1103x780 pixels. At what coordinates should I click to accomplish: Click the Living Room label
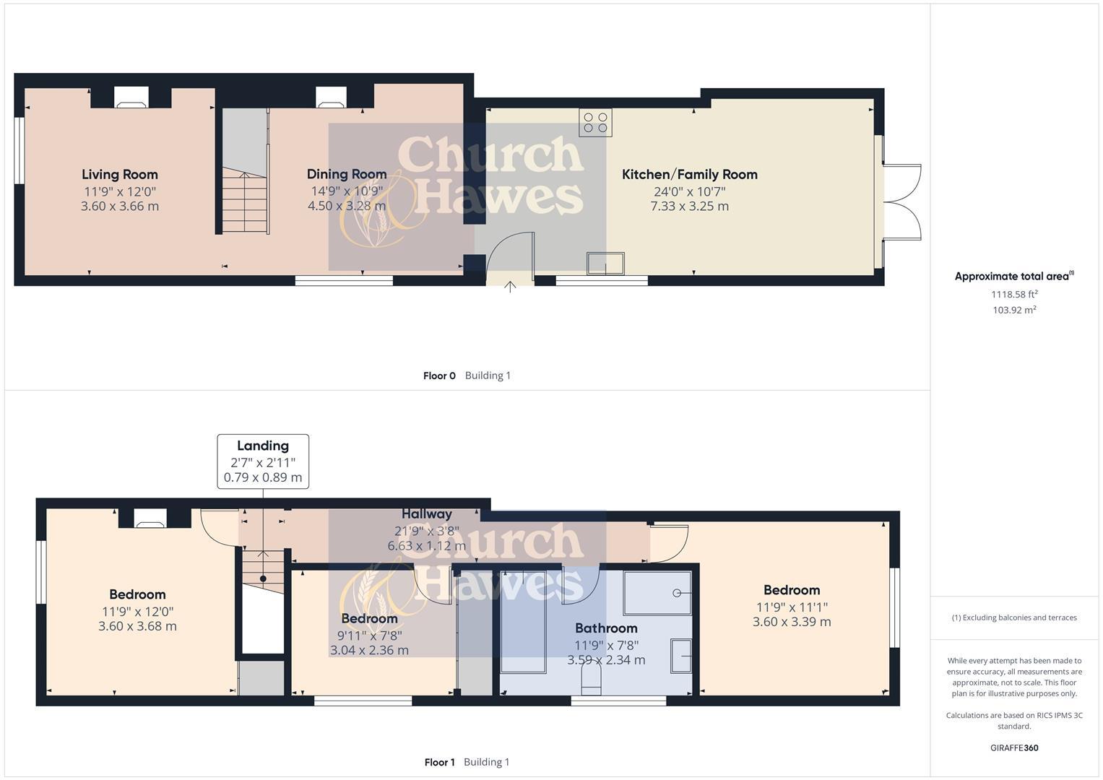pos(119,174)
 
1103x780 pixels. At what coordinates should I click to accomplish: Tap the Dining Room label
pos(347,174)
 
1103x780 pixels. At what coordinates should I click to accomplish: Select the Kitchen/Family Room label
pos(689,174)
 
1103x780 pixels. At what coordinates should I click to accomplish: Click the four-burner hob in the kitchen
pos(595,123)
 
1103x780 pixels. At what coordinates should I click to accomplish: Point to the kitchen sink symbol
pos(605,264)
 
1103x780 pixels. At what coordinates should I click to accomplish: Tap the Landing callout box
pos(263,461)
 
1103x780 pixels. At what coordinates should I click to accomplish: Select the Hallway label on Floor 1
pos(427,513)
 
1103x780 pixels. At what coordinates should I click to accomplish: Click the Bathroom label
pos(606,628)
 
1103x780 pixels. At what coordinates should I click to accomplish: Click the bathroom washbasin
pos(681,656)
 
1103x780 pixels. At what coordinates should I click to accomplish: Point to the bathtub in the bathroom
pos(524,621)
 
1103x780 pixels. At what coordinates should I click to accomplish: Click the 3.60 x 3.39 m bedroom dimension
pos(792,622)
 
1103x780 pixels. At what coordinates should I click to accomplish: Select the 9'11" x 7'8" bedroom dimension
pos(369,636)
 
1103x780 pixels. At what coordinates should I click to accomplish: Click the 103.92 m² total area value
pos(1014,310)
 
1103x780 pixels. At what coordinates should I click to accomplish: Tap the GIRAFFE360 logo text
pos(1014,747)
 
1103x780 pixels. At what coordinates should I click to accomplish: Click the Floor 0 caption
pos(439,376)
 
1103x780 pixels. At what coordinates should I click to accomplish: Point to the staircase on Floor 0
pos(245,201)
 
